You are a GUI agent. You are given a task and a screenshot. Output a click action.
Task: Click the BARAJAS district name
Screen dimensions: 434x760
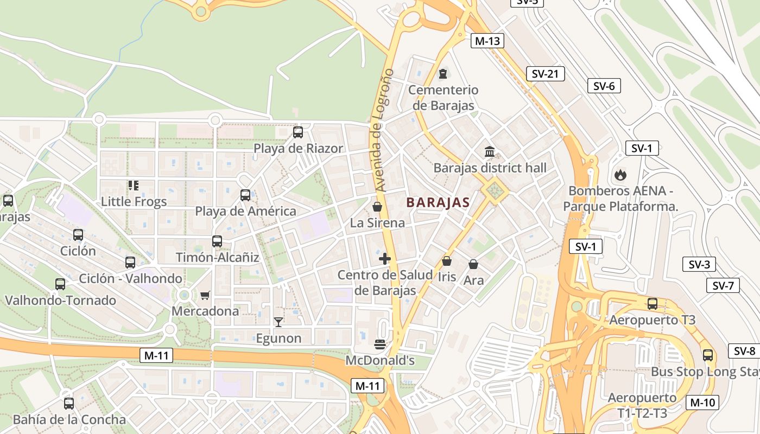(438, 203)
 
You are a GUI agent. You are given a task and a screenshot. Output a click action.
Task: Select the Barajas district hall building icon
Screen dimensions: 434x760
(490, 151)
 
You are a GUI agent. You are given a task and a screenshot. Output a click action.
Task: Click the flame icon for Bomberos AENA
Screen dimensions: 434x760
(619, 175)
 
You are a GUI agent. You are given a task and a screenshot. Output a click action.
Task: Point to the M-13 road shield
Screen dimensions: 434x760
(487, 41)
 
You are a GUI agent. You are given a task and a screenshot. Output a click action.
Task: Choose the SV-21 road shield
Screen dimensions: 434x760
(545, 74)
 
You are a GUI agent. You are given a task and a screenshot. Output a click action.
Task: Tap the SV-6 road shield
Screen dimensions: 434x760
(604, 86)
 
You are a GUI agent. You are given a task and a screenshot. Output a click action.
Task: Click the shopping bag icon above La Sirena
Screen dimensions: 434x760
(377, 207)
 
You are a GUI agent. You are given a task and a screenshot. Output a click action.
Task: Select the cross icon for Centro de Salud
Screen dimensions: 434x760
(385, 259)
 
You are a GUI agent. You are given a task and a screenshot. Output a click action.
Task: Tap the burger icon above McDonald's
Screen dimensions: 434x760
(379, 344)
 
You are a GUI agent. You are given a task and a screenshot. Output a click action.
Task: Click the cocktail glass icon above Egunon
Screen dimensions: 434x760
(278, 322)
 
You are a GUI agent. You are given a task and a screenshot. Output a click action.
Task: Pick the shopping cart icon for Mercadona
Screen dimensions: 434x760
(205, 295)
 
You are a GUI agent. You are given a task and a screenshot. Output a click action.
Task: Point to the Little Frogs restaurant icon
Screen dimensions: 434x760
(134, 186)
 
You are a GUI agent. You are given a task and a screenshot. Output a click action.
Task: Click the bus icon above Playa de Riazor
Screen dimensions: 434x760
(297, 132)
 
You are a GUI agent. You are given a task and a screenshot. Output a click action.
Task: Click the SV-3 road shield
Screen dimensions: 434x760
(699, 265)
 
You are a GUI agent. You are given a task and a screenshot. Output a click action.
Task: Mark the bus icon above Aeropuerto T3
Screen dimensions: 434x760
(653, 304)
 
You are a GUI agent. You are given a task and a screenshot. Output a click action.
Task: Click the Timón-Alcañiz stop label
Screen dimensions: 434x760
(217, 257)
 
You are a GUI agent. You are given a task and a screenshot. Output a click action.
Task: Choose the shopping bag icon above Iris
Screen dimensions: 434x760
(447, 261)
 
